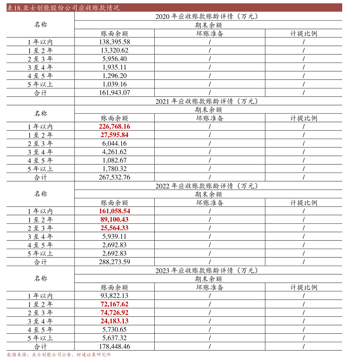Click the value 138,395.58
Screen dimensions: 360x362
click(114, 42)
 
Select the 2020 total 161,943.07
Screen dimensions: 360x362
click(114, 93)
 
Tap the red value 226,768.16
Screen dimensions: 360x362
click(114, 126)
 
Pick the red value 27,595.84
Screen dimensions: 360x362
click(114, 135)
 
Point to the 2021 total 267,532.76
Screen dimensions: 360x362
click(114, 177)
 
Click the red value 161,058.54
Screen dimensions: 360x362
click(114, 211)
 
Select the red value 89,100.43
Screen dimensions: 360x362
click(114, 220)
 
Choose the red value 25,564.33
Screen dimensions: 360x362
click(114, 228)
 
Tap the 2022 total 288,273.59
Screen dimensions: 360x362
click(114, 262)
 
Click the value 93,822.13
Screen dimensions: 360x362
click(114, 296)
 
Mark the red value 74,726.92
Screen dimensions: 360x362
click(114, 313)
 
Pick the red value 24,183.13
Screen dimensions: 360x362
click(114, 321)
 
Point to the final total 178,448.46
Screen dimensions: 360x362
click(114, 346)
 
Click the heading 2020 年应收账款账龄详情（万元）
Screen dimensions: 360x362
click(208, 16)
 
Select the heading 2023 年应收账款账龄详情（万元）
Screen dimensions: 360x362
click(208, 270)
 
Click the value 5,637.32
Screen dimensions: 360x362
click(114, 338)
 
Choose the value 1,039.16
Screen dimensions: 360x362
click(114, 84)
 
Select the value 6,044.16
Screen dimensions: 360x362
click(114, 144)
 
